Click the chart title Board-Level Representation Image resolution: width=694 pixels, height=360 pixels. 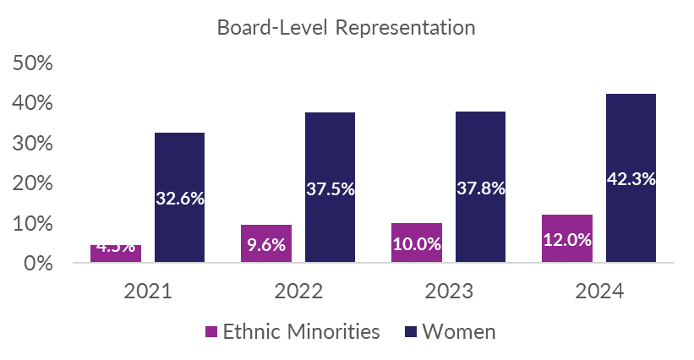click(x=347, y=27)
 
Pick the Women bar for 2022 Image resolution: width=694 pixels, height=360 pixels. click(x=330, y=152)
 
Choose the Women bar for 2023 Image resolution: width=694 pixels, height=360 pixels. click(x=480, y=152)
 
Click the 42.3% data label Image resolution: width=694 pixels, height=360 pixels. click(x=631, y=178)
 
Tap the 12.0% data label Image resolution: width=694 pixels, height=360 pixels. click(x=567, y=239)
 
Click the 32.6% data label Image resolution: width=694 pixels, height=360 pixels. click(x=179, y=199)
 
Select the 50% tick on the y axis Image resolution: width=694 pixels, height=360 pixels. click(x=34, y=63)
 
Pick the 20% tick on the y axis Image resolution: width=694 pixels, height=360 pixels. click(x=34, y=183)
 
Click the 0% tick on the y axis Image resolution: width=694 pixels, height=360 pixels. click(x=39, y=264)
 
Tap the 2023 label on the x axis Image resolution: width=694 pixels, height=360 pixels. click(x=448, y=292)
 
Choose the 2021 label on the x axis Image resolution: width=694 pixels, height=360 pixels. click(x=148, y=292)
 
